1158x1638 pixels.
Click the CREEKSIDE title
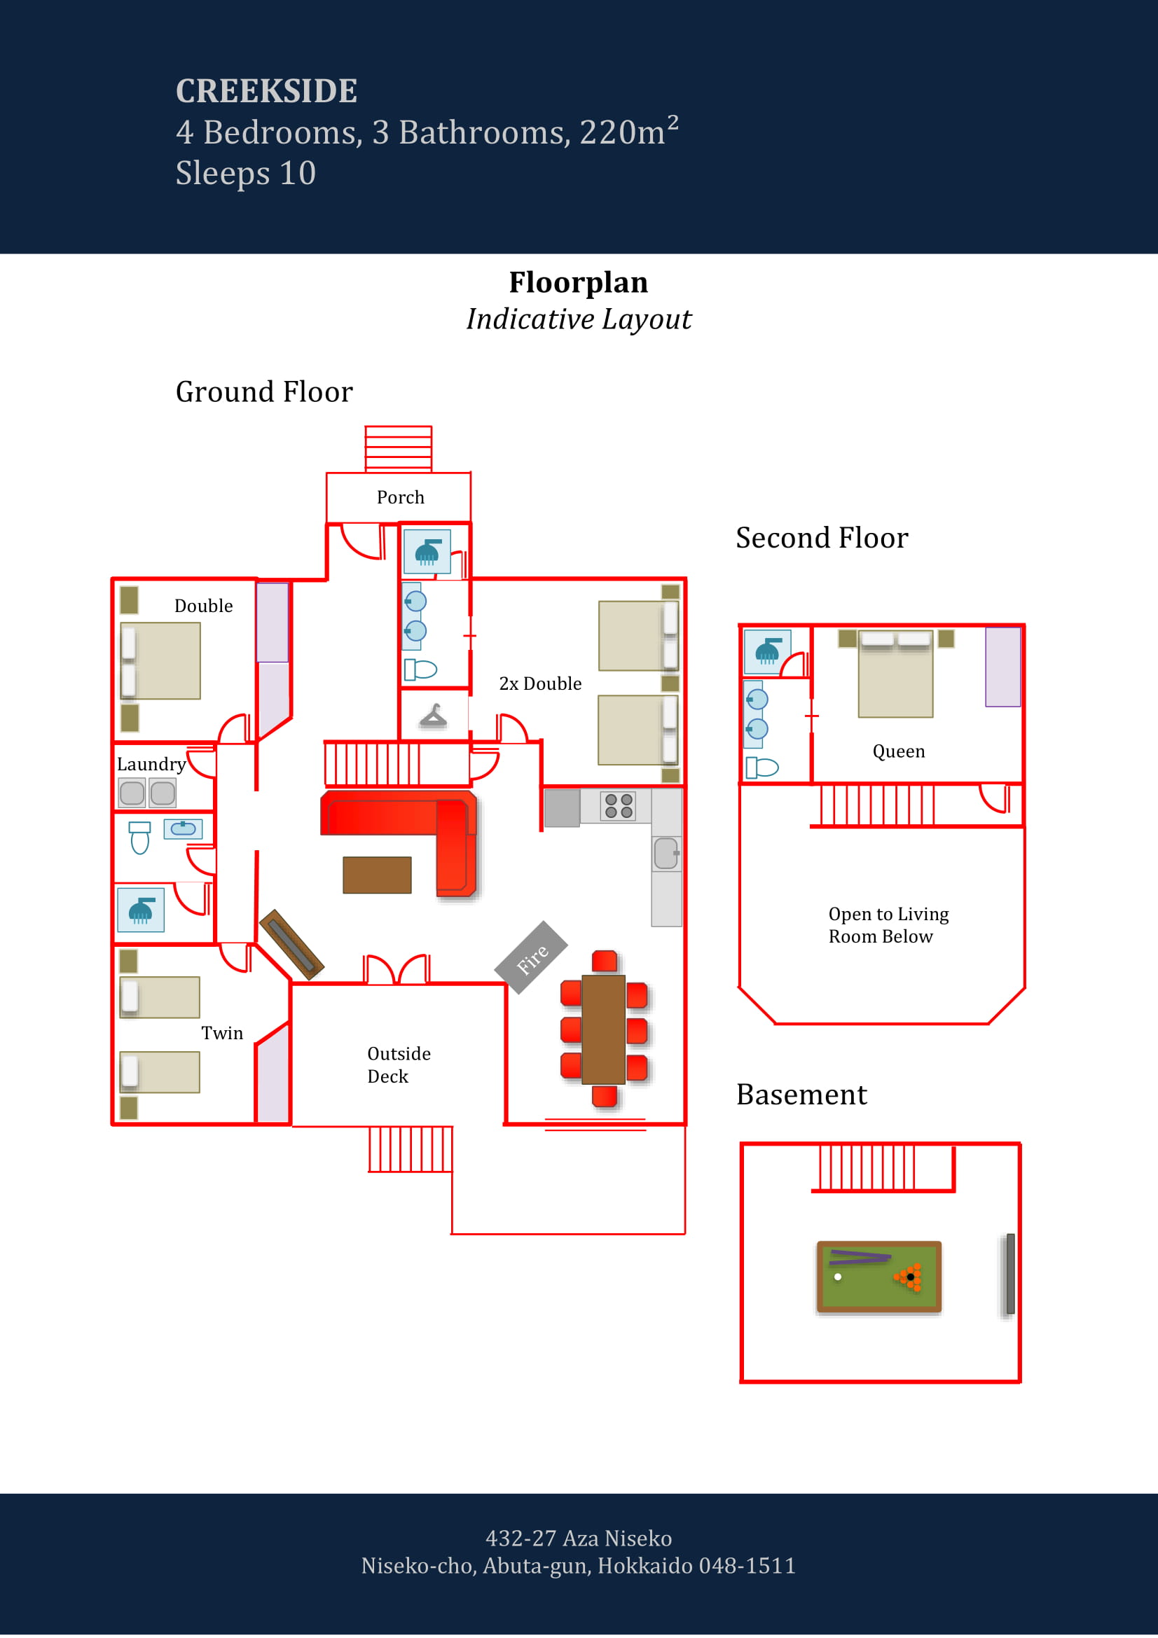[266, 90]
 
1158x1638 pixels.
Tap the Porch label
[400, 497]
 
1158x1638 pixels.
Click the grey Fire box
[531, 957]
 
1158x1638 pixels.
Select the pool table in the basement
[878, 1277]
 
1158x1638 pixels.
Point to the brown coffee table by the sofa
[377, 875]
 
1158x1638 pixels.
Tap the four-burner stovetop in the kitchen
[618, 806]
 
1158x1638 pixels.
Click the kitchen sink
[666, 853]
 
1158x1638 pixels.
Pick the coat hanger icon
[433, 716]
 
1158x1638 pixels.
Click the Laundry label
[151, 764]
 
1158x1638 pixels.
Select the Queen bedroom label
[898, 751]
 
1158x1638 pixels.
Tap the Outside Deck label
[398, 1064]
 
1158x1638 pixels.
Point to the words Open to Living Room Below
[888, 925]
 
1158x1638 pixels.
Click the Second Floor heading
[822, 538]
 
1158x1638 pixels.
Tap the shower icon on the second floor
[767, 651]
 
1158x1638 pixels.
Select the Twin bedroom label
[222, 1033]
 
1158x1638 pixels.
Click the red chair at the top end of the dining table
[605, 961]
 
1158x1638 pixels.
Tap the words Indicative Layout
[579, 319]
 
